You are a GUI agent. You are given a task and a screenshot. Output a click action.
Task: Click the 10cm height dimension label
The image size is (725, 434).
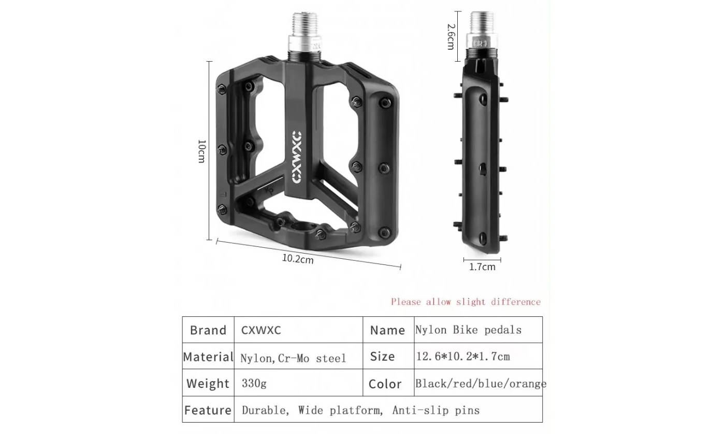pos(202,151)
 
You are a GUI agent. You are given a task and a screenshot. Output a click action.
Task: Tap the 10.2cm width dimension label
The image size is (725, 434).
pos(298,258)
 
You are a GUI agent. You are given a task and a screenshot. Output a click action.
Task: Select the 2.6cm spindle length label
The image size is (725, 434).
pos(451,36)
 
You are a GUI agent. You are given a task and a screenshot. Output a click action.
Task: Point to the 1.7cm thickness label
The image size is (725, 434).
pos(482,267)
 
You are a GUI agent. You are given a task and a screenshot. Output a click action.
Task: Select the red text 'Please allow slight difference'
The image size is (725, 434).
pos(466,302)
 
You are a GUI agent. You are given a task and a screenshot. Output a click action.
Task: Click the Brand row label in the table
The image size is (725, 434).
pos(208,330)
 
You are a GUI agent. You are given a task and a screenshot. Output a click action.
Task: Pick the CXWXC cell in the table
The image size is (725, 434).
pos(261,330)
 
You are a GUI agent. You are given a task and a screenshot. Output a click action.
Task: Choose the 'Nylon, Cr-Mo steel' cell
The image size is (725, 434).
pos(293,358)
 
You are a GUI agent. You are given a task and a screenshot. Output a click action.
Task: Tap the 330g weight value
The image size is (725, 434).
pos(254,384)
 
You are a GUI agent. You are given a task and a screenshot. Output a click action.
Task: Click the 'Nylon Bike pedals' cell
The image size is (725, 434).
pos(468,330)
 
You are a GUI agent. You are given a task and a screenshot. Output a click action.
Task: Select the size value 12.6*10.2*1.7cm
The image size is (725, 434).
pos(463,356)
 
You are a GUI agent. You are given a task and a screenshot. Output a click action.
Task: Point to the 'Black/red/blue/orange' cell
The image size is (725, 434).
pos(481,384)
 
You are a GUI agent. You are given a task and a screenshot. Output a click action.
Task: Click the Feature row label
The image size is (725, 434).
pos(208,410)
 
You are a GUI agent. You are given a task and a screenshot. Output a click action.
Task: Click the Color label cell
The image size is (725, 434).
pos(385,384)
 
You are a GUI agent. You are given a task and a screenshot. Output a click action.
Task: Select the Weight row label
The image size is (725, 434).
pos(208,384)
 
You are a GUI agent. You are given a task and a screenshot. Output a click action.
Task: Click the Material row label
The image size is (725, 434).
pos(208,357)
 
